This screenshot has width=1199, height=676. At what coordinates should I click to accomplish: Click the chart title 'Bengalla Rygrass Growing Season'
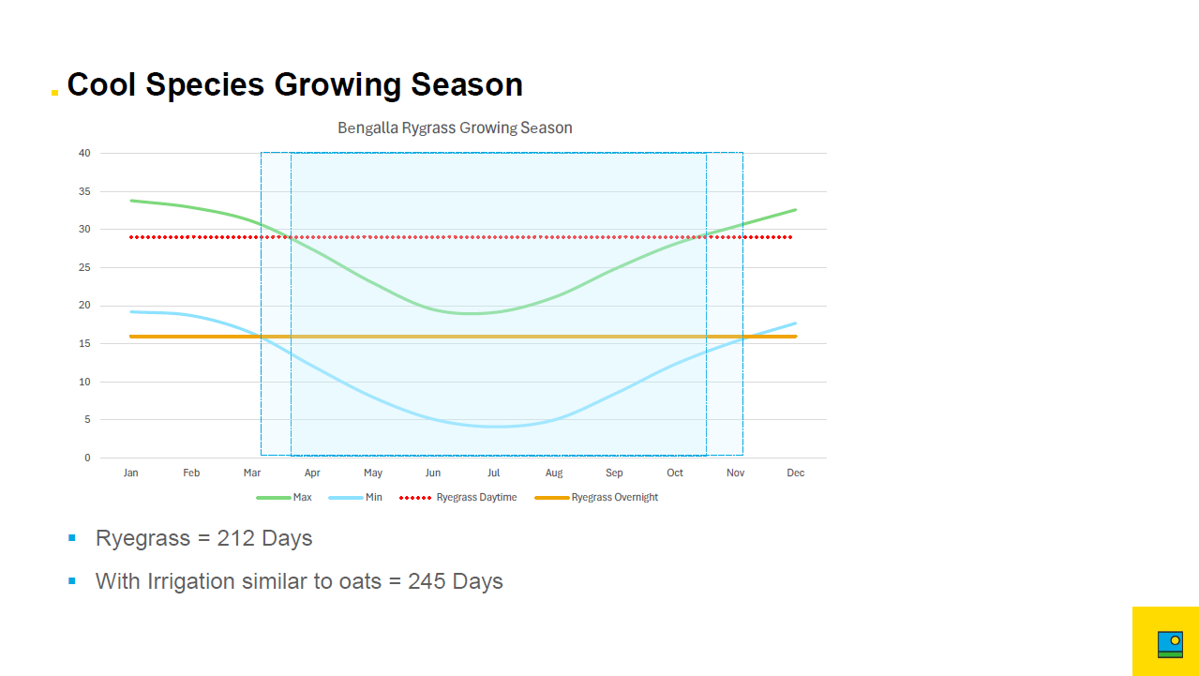pos(455,128)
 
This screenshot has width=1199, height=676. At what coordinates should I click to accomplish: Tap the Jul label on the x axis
pos(493,473)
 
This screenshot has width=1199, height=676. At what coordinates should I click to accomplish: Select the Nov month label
pos(736,473)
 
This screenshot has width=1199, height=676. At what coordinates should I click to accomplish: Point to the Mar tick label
pos(252,473)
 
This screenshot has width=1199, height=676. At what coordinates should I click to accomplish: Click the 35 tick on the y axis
pos(84,191)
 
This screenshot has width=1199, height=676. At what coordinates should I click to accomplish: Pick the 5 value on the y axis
pos(87,419)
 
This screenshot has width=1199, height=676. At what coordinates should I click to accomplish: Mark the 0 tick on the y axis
pos(87,458)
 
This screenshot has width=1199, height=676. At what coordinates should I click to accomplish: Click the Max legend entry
pos(284,497)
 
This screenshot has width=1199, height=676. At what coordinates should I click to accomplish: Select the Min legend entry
pos(355,497)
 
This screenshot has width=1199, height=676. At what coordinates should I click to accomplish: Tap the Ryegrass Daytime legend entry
pos(458,497)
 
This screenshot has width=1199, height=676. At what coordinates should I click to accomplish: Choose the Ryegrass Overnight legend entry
pos(596,497)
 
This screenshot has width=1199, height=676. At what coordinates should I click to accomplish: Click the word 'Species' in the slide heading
pos(205,85)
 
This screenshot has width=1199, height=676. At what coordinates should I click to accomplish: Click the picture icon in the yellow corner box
pos(1170,644)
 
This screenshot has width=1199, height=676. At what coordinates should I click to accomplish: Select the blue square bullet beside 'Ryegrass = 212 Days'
pos(72,538)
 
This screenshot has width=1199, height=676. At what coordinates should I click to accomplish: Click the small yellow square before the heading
pos(54,93)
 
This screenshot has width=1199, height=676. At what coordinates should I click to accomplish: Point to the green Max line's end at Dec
pos(796,210)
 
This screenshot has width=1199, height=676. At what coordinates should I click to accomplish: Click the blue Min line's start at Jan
pos(131,311)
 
